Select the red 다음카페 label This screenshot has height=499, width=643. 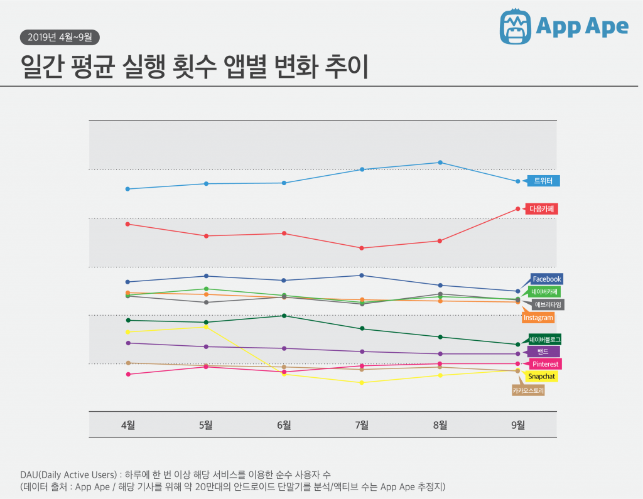pos(543,208)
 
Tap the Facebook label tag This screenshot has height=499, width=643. pos(546,279)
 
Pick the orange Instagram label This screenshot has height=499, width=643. pos(538,318)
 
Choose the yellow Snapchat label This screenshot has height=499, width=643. pos(541,377)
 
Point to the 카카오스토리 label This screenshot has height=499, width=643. pos(528,390)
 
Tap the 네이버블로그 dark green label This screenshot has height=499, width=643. pos(544,339)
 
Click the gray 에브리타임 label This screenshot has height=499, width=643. pos(547,304)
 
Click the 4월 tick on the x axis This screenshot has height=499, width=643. pos(127,424)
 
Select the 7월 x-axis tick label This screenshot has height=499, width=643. pos(362,424)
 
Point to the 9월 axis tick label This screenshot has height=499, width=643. pos(517,424)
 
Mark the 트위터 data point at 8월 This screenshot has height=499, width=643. pos(440,163)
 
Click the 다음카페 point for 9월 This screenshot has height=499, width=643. pos(518,208)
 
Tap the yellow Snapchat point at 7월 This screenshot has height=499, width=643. pos(362,382)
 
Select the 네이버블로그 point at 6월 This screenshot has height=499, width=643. pos(284,316)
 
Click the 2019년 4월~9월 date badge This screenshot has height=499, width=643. pos(60,36)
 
